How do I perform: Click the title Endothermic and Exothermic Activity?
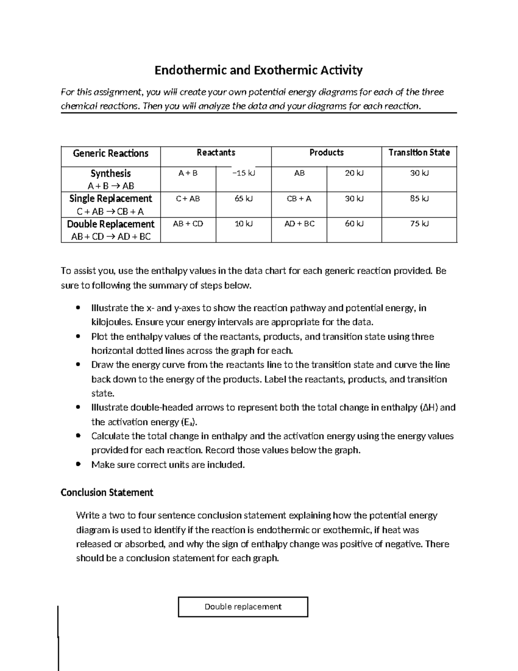[x=259, y=70]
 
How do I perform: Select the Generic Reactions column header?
[x=111, y=153]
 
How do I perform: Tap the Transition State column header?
[x=419, y=153]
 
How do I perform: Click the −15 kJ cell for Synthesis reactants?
[x=243, y=173]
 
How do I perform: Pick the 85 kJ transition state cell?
[x=419, y=199]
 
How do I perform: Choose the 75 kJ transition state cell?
[x=419, y=224]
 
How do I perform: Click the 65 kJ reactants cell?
[x=243, y=199]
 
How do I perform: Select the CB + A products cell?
[x=299, y=199]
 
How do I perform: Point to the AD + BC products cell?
[x=299, y=224]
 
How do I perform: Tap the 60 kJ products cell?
[x=354, y=224]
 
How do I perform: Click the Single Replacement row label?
[x=111, y=198]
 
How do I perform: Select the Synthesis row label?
[x=111, y=173]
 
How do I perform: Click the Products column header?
[x=326, y=153]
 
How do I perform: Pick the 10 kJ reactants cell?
[x=243, y=224]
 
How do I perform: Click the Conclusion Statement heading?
[x=107, y=493]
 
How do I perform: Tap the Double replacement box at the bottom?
[x=243, y=607]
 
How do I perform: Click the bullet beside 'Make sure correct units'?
[x=78, y=464]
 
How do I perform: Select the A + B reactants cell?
[x=188, y=173]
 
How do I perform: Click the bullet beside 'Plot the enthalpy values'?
[x=78, y=337]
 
